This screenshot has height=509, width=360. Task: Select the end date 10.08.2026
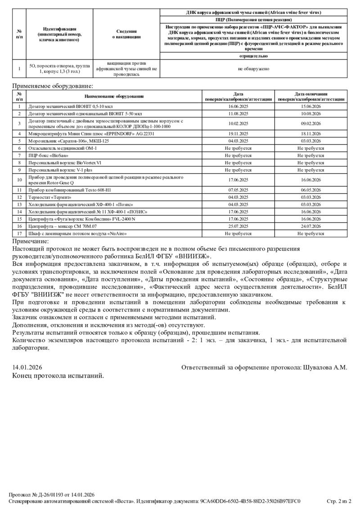(x=310, y=114)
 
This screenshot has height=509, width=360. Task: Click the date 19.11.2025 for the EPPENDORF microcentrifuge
(x=238, y=134)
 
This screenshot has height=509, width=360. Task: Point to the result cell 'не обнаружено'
(x=253, y=69)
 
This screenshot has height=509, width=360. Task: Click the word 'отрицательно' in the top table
(x=253, y=56)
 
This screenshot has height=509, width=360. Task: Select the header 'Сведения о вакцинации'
(x=126, y=34)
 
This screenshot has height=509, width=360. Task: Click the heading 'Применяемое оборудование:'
(x=53, y=85)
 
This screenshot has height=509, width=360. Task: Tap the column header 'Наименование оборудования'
(x=114, y=96)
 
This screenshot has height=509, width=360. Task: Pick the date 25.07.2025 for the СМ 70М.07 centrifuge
(x=238, y=227)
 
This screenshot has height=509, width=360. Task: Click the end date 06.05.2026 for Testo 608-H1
(x=310, y=190)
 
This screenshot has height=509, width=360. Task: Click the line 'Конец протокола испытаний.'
(x=58, y=375)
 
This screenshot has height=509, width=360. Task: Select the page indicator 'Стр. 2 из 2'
(x=339, y=501)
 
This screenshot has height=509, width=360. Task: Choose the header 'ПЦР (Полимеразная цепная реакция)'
(x=253, y=20)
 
